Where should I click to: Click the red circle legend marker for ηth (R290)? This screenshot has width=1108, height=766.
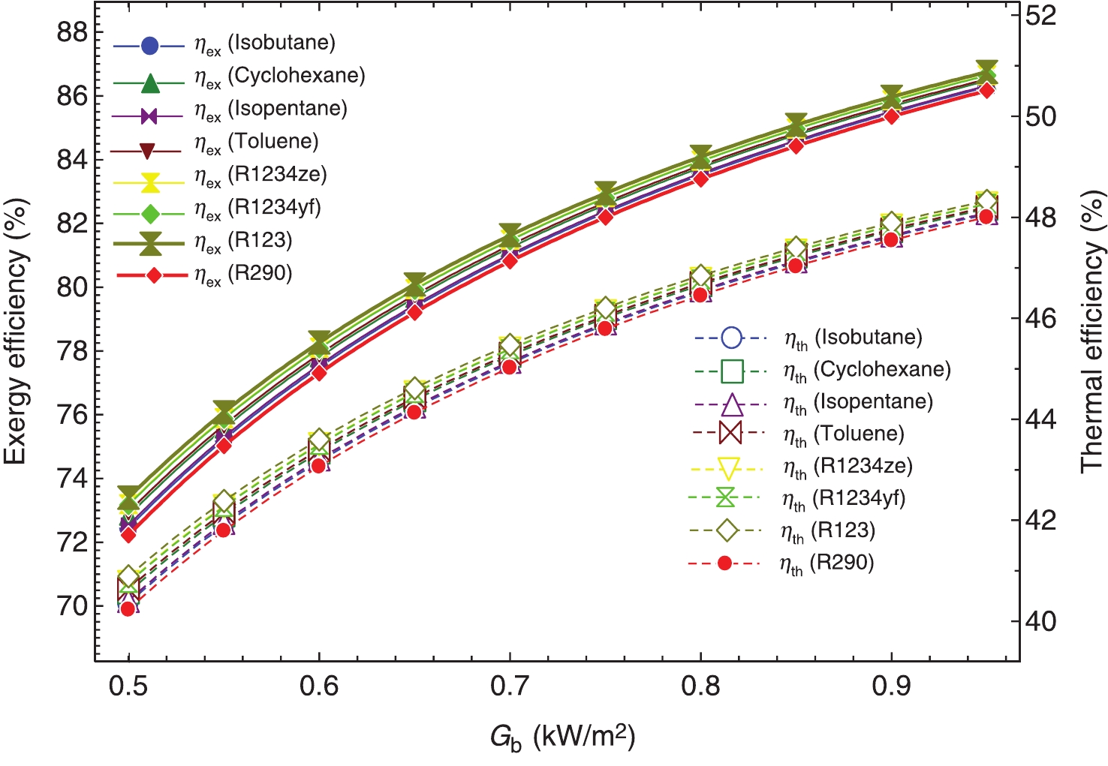click(x=724, y=563)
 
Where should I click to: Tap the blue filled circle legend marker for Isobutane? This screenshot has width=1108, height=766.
click(x=149, y=46)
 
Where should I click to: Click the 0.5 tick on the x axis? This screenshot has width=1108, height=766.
click(x=128, y=685)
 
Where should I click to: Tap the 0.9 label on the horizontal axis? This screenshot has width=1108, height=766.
click(x=892, y=685)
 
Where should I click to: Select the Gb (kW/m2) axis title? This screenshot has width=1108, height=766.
click(x=563, y=737)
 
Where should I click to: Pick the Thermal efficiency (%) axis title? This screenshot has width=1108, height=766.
click(x=1093, y=330)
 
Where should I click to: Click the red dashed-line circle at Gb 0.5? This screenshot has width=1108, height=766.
click(x=128, y=608)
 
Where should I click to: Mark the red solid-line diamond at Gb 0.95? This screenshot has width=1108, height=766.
click(x=987, y=91)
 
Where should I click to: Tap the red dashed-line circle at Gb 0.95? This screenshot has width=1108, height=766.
click(x=986, y=217)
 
